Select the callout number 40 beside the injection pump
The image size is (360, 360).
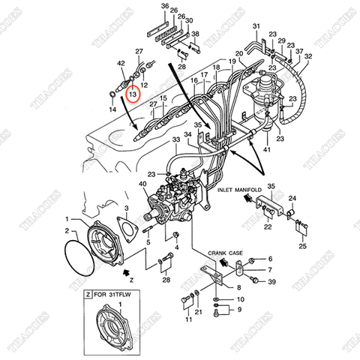(x=142, y=183)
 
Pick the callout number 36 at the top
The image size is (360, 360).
(x=165, y=7)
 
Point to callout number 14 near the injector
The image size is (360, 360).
(x=113, y=109)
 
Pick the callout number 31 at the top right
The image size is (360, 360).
(x=255, y=28)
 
